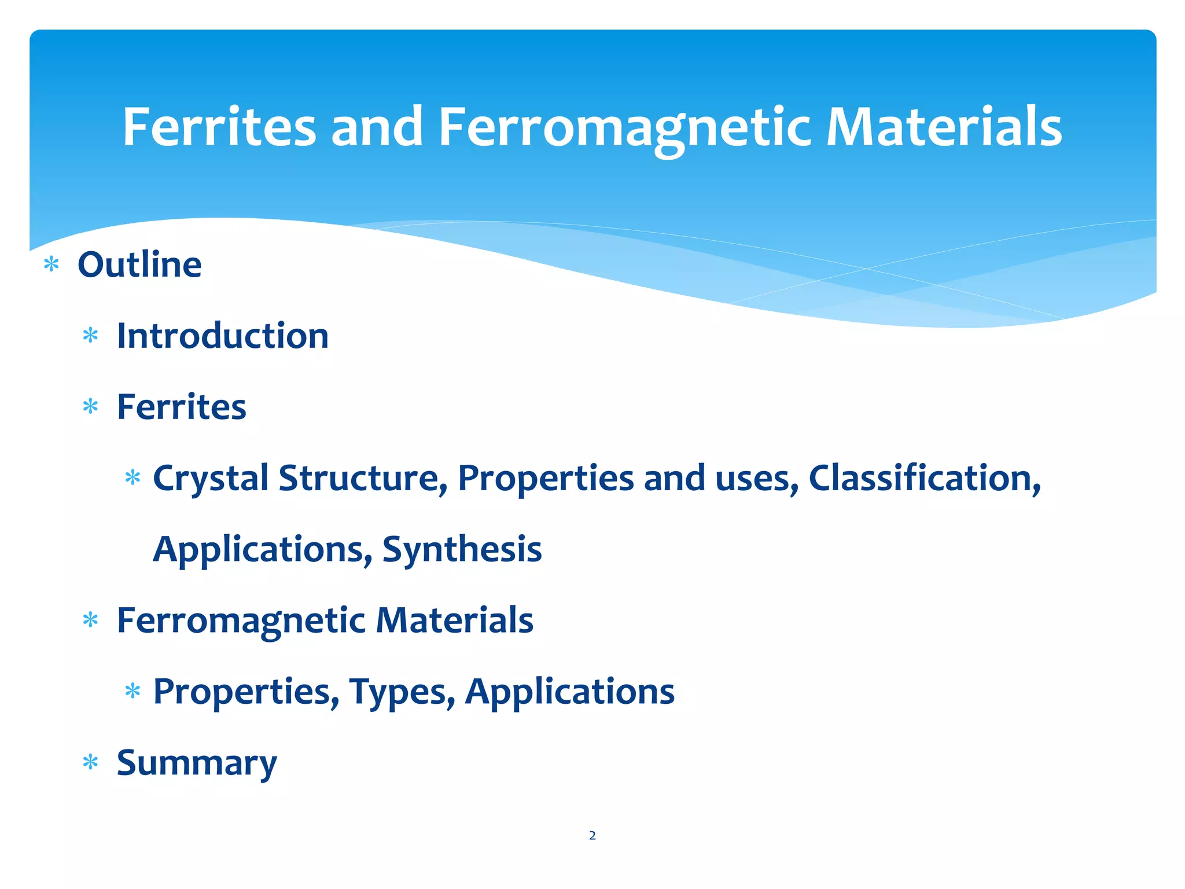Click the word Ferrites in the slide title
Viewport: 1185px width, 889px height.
[x=219, y=127]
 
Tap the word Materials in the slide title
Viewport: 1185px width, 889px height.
[x=944, y=127]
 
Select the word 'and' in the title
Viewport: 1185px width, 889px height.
[x=377, y=127]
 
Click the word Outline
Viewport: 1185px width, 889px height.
[x=139, y=265]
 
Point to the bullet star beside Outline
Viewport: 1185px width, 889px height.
[x=51, y=265]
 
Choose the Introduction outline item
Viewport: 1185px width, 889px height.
[x=223, y=336]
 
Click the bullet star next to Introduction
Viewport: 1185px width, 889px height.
[x=90, y=336]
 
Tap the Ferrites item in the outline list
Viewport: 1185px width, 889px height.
[x=182, y=407]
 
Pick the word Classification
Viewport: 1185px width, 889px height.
[x=924, y=479]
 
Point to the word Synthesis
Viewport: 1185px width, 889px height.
[x=462, y=549]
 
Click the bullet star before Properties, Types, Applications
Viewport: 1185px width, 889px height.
[x=133, y=690]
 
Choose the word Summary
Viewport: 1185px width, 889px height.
[x=197, y=763]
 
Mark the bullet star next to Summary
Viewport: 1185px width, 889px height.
[x=90, y=762]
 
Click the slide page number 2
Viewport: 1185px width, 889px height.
[x=592, y=835]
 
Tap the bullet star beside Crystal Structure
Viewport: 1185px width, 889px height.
[x=133, y=478]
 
